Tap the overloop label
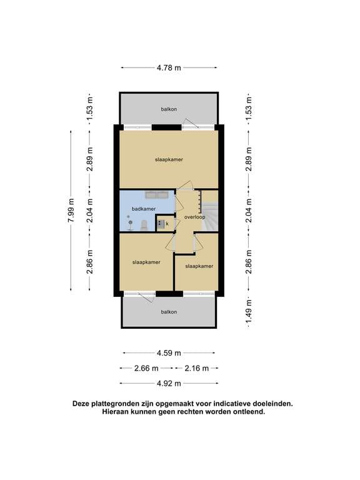pos(194,217)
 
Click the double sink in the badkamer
pos(157,195)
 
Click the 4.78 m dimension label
pos(169,67)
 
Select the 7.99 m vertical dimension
pos(71,211)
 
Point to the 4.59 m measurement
pos(169,352)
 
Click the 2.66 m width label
pos(147,368)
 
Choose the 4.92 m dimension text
pos(169,383)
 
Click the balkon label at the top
pos(169,109)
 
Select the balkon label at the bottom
pos(169,311)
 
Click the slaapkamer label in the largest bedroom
pos(169,159)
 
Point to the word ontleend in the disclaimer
pos(248,412)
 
